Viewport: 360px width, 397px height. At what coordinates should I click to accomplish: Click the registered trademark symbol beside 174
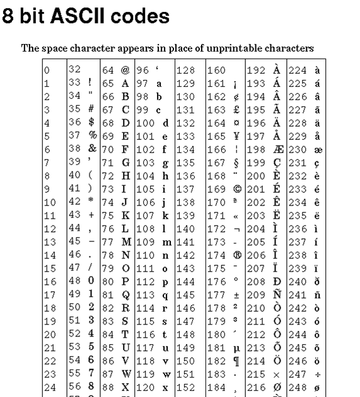(x=236, y=255)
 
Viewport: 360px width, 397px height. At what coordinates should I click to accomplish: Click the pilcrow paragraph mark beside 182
(x=236, y=361)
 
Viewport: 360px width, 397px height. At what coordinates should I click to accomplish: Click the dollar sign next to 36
(x=91, y=122)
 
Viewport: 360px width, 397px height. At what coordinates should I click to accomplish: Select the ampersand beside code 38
(x=92, y=149)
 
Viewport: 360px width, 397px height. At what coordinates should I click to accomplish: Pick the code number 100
(x=144, y=123)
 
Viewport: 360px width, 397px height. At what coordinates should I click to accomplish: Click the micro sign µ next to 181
(x=236, y=348)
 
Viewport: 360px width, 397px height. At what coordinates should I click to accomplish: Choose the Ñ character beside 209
(x=277, y=294)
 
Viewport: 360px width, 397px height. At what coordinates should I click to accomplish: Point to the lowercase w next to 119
(x=165, y=374)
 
